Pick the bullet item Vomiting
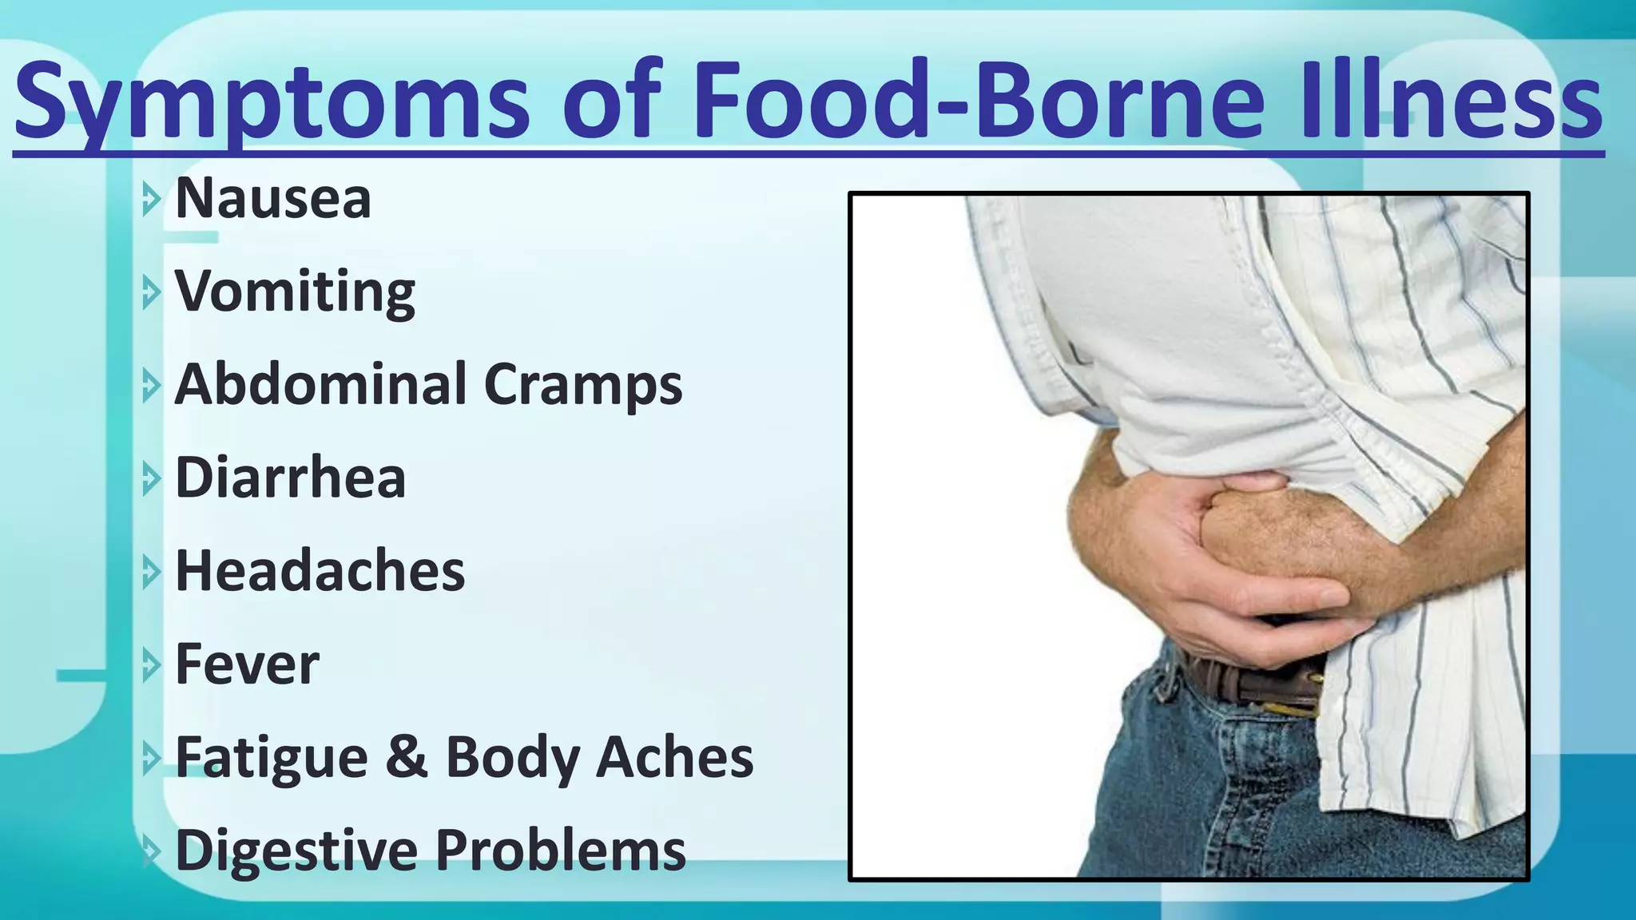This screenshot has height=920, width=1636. (x=295, y=292)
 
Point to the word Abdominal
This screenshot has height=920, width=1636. (x=320, y=384)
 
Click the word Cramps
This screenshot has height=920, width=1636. (x=583, y=386)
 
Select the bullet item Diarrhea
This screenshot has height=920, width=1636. (x=290, y=478)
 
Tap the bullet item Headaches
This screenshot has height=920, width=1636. (x=320, y=571)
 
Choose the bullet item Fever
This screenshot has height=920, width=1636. (x=247, y=664)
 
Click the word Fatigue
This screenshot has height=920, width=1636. (x=271, y=758)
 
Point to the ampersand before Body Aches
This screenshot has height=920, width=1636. (x=406, y=757)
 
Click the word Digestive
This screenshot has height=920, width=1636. (x=296, y=850)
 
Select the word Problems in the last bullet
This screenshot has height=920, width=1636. (x=560, y=850)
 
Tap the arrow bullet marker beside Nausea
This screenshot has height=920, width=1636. (x=150, y=200)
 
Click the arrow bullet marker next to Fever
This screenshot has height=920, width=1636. (x=150, y=665)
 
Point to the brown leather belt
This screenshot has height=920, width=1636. (x=1254, y=687)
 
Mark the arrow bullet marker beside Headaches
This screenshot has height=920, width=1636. (x=150, y=573)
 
